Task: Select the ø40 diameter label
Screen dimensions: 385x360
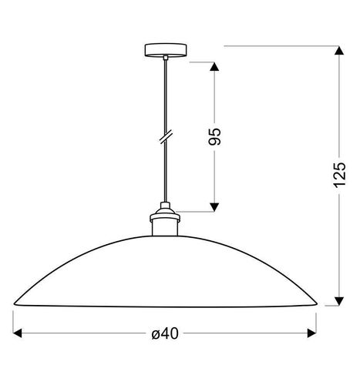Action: (166, 333)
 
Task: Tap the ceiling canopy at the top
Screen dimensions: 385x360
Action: (166, 52)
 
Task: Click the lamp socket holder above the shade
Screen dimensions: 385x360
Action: (165, 223)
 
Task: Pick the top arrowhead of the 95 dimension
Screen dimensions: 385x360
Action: (215, 66)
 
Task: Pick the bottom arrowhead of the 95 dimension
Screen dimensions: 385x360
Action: (215, 204)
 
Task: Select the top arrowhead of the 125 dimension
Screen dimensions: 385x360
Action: (337, 52)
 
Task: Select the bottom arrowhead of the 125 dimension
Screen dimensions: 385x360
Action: (337, 300)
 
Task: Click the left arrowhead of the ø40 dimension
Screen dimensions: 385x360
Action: (19, 333)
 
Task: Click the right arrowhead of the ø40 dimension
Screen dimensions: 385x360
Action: (311, 333)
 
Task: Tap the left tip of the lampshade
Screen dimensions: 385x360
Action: (15, 303)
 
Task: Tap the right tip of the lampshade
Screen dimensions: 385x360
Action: (315, 303)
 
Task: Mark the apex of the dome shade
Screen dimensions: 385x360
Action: (165, 233)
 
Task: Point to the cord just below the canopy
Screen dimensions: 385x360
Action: (165, 69)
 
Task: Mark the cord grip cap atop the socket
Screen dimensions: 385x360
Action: (165, 206)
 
